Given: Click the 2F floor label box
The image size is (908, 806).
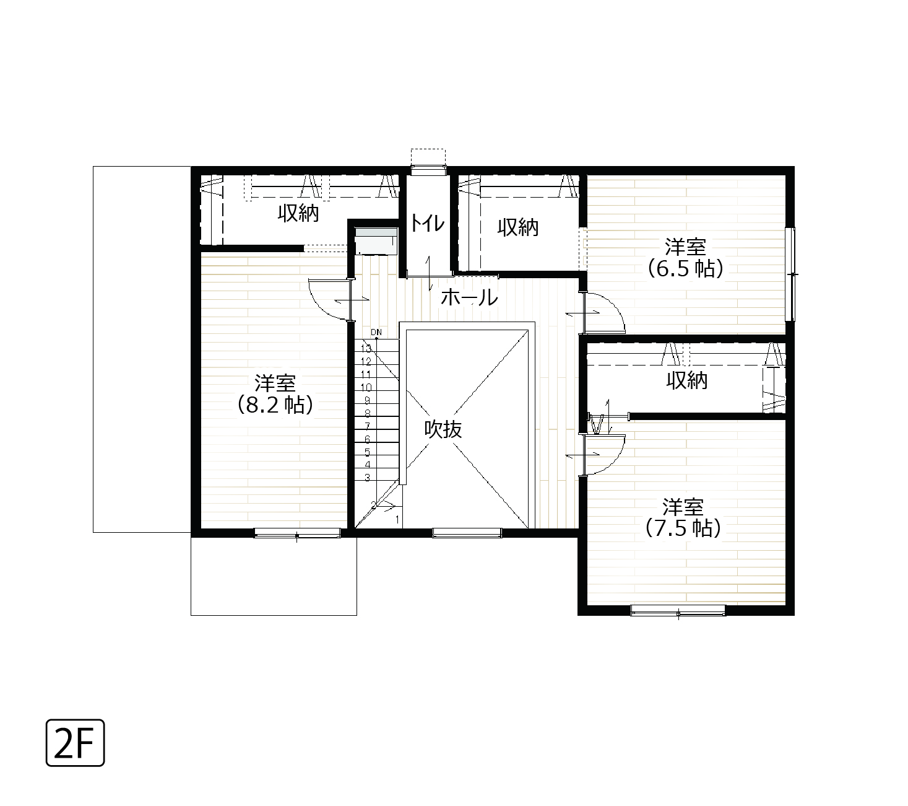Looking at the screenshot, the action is tap(76, 743).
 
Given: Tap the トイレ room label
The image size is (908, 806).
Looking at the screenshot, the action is tap(428, 223).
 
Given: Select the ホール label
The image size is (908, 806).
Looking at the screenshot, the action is tap(469, 297).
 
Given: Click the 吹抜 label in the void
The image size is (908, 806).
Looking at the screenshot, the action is tap(443, 430).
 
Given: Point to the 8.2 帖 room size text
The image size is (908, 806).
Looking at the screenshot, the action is tap(275, 405).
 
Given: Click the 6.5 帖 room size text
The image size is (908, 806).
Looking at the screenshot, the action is tap(685, 268).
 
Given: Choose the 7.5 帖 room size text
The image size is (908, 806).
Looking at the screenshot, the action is tap(683, 528).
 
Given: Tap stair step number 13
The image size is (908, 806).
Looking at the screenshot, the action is tap(366, 349).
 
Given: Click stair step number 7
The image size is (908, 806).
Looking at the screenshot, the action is tap(368, 426).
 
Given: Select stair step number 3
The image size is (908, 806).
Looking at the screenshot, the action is tap(368, 478).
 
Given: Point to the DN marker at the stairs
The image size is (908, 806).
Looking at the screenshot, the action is tap(376, 332).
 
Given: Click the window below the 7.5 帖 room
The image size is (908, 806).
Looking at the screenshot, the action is tap(678, 610).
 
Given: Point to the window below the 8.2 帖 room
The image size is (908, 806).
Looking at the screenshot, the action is tap(297, 533).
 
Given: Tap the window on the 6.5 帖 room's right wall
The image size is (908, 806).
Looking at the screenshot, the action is tap(790, 274).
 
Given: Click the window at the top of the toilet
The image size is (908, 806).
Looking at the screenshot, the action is tap(428, 170).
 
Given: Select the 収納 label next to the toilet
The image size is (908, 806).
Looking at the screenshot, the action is tap(517, 227).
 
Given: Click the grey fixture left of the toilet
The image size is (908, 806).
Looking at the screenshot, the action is tap(376, 242).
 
